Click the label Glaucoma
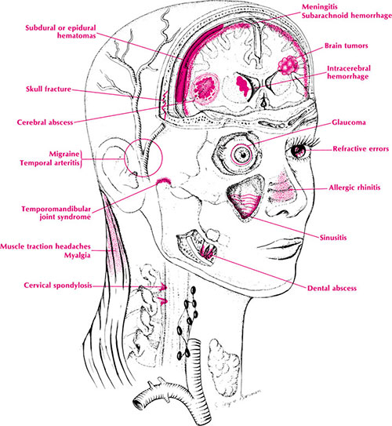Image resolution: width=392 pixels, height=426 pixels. (x=349, y=122)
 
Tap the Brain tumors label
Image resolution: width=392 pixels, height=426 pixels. (x=346, y=46)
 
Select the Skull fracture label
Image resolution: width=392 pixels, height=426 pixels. (x=49, y=89)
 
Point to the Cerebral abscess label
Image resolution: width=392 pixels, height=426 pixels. (x=45, y=122)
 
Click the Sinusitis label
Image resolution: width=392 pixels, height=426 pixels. (x=333, y=238)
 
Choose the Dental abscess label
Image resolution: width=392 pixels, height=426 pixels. (x=332, y=288)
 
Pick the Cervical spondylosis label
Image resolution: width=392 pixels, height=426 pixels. (x=58, y=286)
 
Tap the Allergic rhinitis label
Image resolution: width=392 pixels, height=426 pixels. (x=354, y=188)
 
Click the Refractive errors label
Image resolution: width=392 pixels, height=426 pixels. (x=361, y=149)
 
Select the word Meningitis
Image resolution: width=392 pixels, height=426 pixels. (x=320, y=7)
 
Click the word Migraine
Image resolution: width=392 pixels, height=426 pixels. (x=64, y=154)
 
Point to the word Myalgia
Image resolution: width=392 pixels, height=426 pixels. (x=77, y=256)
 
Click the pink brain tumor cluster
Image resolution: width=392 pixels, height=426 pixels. (x=288, y=65)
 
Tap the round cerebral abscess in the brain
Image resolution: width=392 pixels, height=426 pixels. (x=205, y=88)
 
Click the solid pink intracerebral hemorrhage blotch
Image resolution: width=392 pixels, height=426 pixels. (x=242, y=85)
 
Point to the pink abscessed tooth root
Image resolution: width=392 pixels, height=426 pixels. (x=208, y=251)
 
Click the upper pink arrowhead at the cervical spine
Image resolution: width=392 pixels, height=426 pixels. (x=164, y=286)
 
